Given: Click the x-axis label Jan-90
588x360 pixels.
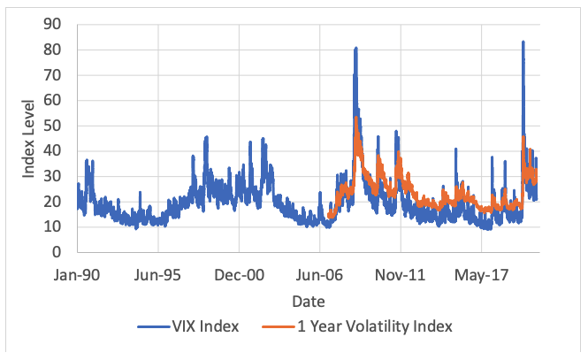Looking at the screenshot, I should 79,275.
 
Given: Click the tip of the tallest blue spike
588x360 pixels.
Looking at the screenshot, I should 523,42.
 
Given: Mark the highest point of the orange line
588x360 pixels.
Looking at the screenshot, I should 355,118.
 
